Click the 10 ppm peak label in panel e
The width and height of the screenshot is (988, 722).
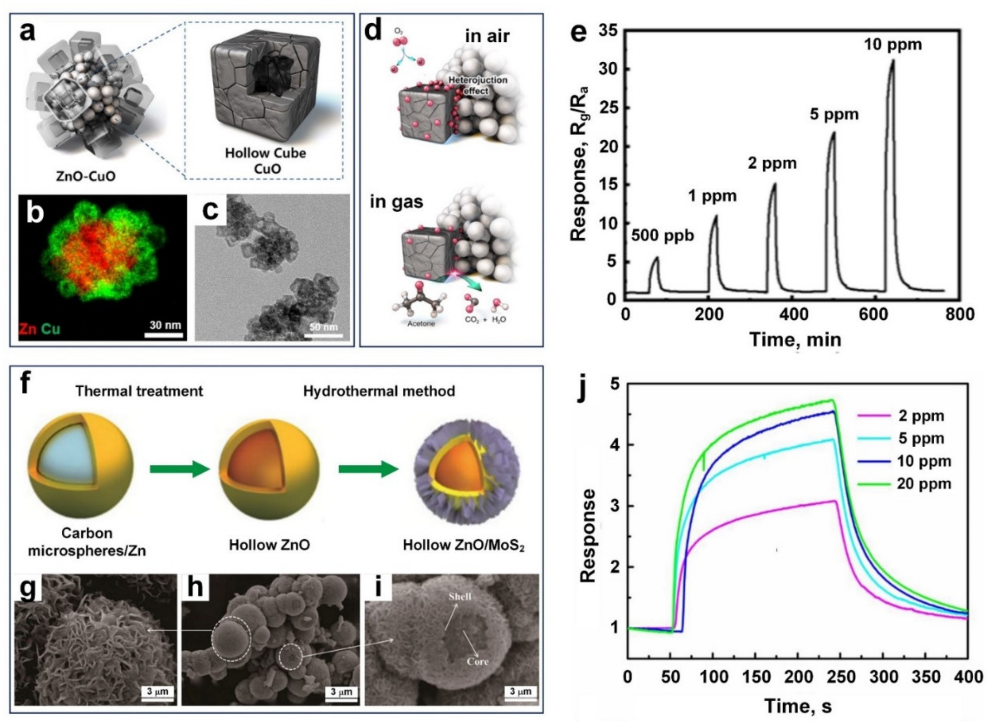(893, 44)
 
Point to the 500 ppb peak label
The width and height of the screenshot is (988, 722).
(663, 236)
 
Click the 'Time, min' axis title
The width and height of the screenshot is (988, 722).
(794, 339)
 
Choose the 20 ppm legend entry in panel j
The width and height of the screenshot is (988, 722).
(923, 484)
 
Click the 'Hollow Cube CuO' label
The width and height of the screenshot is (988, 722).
(265, 160)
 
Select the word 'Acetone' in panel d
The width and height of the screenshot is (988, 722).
(421, 324)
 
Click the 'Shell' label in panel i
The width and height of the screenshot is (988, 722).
(459, 596)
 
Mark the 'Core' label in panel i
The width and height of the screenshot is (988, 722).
(477, 661)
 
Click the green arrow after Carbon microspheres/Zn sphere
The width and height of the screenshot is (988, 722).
(179, 469)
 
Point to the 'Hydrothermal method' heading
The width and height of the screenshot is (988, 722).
(379, 391)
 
